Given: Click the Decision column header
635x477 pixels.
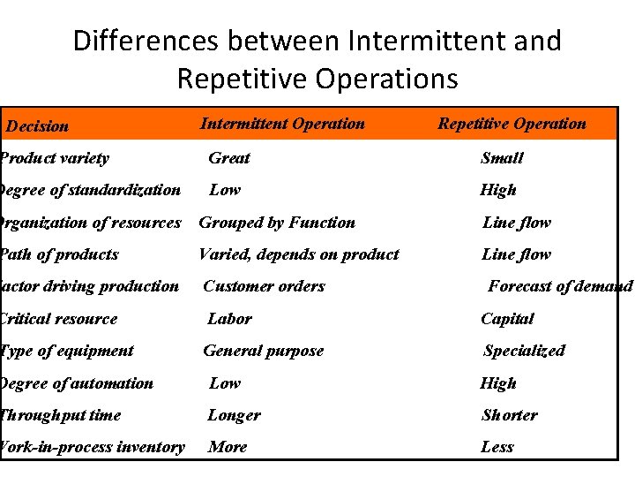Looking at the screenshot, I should [37, 126].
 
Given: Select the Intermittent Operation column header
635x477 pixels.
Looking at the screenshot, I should [282, 124].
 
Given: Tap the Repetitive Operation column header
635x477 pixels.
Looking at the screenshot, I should [512, 124].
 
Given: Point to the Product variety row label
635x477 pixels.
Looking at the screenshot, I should [55, 158].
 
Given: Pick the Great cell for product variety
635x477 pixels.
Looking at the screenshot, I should [228, 158].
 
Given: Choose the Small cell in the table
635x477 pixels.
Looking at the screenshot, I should [502, 158].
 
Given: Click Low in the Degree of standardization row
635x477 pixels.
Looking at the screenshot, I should [224, 190].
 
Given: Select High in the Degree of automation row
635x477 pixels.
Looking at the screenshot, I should [498, 383].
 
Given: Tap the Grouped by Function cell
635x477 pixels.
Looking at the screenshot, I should [277, 223].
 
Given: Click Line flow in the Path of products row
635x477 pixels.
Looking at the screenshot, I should [516, 254].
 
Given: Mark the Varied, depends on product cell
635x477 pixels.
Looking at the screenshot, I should [298, 254].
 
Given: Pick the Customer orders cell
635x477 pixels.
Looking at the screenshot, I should [264, 286].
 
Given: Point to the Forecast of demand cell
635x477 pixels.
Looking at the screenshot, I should [560, 286].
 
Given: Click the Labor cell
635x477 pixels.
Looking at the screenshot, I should [229, 319].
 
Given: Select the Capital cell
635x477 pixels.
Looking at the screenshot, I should [507, 319].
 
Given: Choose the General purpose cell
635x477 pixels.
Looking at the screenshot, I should [263, 351].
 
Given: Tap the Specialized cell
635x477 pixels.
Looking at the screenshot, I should [524, 351].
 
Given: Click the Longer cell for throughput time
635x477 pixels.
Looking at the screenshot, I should [234, 415].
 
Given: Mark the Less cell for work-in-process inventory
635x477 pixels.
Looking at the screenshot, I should [497, 447].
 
